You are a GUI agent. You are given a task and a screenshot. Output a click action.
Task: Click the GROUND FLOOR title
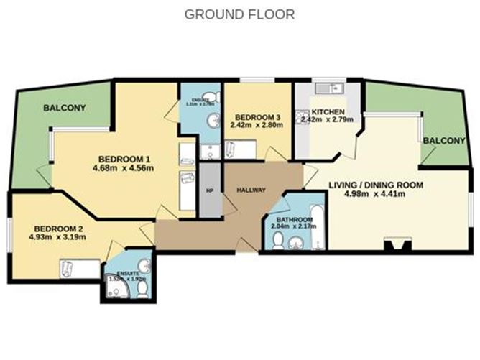pos(239,14)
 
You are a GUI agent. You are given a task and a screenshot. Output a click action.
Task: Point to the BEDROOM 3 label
pos(256,117)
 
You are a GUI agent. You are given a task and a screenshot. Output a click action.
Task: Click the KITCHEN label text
pos(328,113)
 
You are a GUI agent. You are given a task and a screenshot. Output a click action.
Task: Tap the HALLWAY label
pos(251,190)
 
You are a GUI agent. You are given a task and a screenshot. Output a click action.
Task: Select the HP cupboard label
pos(211,190)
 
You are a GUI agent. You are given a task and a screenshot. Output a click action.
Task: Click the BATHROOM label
pos(291,219)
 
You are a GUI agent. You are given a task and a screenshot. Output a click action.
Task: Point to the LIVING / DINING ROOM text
pos(375,184)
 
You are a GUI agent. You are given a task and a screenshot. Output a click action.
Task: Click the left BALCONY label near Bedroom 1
pos(64,108)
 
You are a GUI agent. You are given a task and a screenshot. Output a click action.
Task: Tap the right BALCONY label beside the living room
pos(443,140)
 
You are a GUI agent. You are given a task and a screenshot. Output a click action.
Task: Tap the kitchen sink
pos(329,89)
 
